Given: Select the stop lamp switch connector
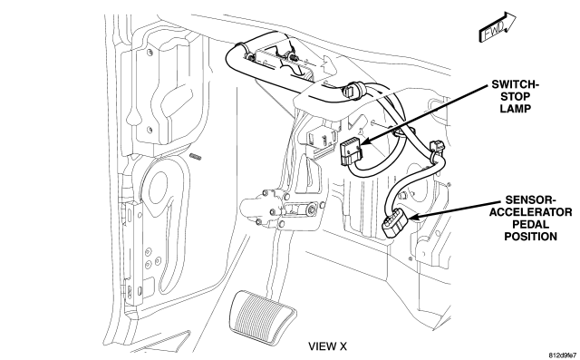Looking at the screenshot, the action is pyautogui.click(x=351, y=151).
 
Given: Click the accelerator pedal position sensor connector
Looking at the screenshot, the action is pyautogui.click(x=394, y=222).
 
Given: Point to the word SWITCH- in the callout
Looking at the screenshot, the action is pyautogui.click(x=516, y=84).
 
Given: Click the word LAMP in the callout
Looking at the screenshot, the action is pyautogui.click(x=516, y=109).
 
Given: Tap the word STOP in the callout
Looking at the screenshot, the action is pyautogui.click(x=516, y=96).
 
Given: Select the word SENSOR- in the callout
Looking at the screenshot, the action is pyautogui.click(x=530, y=200).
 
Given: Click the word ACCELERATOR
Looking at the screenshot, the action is pyautogui.click(x=530, y=212).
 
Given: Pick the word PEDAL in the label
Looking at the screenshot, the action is pyautogui.click(x=530, y=224).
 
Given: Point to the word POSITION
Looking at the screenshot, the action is pyautogui.click(x=530, y=237).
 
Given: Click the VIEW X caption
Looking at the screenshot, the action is pyautogui.click(x=328, y=346).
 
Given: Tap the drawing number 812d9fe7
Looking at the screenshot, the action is pyautogui.click(x=562, y=355).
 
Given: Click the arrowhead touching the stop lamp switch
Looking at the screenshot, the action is pyautogui.click(x=365, y=141).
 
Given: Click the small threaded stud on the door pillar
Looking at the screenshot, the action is pyautogui.click(x=196, y=157).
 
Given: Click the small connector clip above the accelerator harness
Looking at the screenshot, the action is pyautogui.click(x=437, y=147).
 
